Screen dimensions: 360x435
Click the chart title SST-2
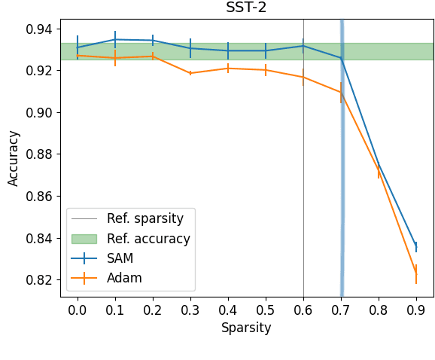[x=246, y=8]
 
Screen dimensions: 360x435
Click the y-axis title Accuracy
[x=14, y=157]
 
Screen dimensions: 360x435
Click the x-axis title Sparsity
[x=246, y=328]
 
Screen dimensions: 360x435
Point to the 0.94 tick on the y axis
[x=41, y=29]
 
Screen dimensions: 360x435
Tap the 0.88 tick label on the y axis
[x=41, y=154]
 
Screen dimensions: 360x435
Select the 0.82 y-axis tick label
[x=41, y=280]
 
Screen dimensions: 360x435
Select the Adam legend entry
[x=124, y=278]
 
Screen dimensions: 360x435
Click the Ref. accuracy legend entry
[x=148, y=239]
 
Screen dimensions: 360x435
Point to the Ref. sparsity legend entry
[x=144, y=219]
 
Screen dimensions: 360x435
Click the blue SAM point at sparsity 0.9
[x=416, y=246]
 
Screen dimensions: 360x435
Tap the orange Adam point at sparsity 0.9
[x=416, y=274]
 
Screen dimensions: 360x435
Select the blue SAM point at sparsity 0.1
[x=115, y=39]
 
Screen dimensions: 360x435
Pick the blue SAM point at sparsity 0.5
[x=266, y=50]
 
